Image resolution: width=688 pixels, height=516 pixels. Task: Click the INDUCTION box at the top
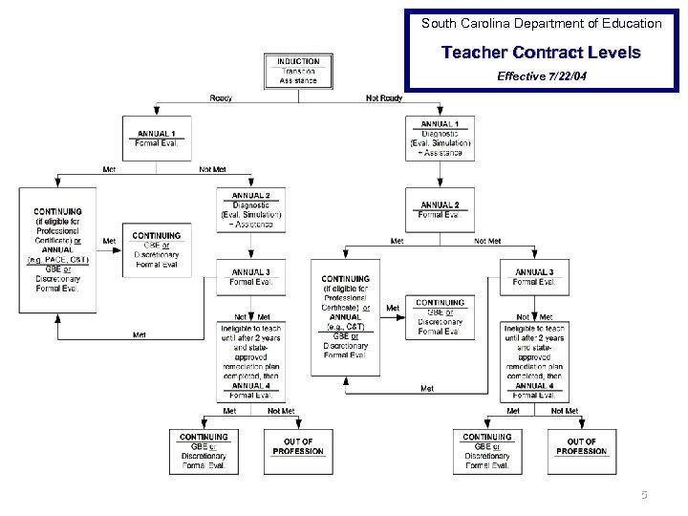298,71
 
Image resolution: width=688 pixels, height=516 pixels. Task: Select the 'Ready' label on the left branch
221,98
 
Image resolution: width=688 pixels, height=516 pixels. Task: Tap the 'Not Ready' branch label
384,98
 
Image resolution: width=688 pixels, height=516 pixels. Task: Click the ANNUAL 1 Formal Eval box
157,139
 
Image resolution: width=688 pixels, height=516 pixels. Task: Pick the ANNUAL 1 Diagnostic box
440,139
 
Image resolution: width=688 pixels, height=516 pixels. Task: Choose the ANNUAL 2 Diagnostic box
250,210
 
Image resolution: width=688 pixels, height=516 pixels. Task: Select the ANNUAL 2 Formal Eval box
440,210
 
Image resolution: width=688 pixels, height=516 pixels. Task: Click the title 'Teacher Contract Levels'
541,53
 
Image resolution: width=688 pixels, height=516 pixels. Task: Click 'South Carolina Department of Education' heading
541,23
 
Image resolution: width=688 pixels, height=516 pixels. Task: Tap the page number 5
644,495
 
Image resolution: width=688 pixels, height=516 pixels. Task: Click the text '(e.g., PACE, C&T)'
57,259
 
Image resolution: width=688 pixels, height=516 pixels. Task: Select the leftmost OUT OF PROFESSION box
298,447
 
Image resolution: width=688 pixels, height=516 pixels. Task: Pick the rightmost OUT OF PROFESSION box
581,447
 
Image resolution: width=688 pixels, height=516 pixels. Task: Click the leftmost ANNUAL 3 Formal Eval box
250,277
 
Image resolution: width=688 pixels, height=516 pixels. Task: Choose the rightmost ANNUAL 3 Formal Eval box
533,277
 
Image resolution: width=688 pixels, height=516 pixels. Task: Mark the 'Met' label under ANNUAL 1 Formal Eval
109,169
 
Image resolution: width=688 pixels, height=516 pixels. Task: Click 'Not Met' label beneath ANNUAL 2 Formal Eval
487,241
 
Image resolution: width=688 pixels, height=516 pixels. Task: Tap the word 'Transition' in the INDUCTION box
298,71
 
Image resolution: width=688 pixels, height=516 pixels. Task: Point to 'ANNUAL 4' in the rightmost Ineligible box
534,386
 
